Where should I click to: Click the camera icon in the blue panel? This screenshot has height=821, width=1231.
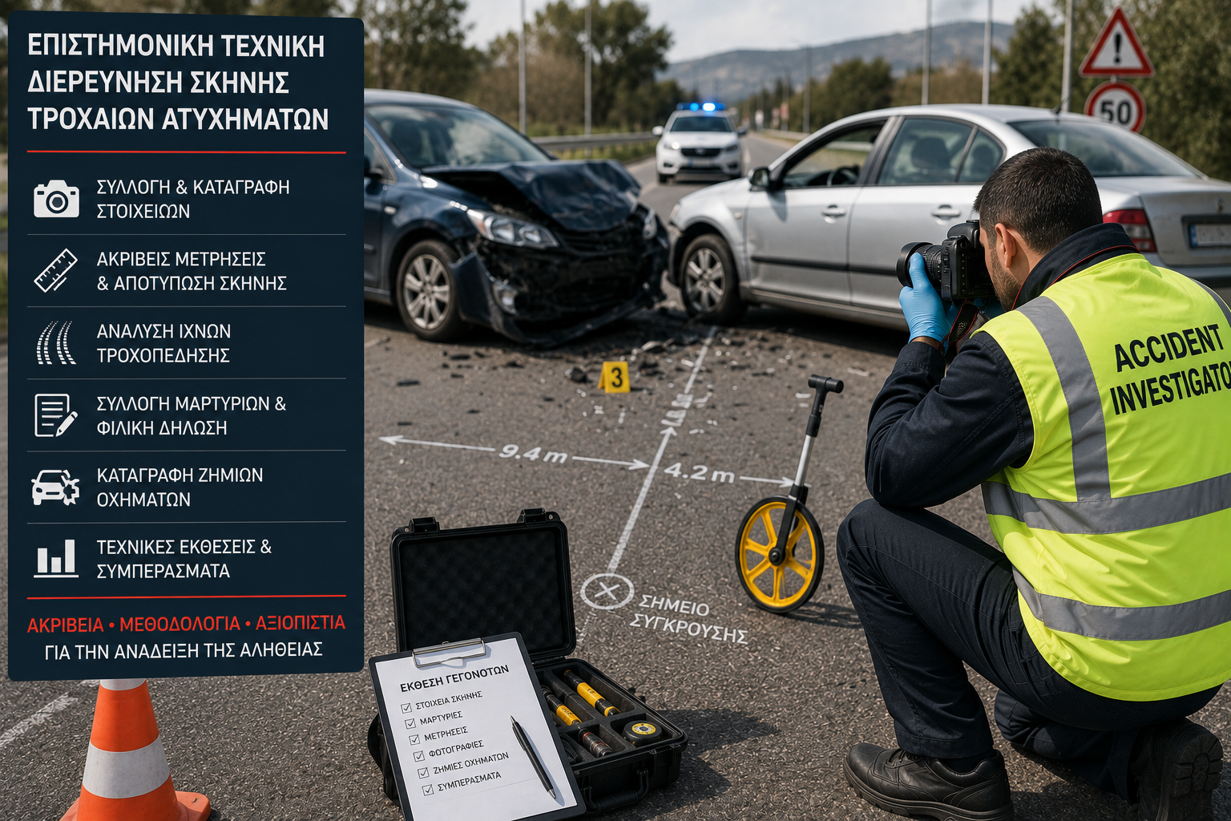[x=56, y=199]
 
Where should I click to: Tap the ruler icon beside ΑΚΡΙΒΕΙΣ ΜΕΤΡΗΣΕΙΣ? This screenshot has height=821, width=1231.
[x=55, y=270]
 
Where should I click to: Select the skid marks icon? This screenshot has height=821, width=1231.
[x=55, y=342]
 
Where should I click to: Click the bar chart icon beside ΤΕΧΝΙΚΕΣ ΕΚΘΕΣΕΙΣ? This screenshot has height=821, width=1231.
[x=55, y=558]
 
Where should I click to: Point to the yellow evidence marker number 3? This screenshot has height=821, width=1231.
[x=615, y=378]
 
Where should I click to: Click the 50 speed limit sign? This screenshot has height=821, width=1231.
[x=1115, y=108]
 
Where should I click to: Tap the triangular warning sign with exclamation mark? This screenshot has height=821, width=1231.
[x=1116, y=44]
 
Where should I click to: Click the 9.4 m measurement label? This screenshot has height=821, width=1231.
[x=532, y=454]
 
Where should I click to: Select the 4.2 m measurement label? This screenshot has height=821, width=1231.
[x=699, y=473]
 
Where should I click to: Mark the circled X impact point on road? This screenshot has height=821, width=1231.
[x=607, y=592]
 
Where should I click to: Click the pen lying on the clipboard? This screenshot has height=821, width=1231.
[x=532, y=757]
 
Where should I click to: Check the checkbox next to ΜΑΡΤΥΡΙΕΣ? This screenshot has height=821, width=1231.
[x=410, y=722]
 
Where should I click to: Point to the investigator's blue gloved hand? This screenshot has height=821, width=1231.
[x=926, y=299]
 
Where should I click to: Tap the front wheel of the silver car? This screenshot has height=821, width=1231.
[x=708, y=278]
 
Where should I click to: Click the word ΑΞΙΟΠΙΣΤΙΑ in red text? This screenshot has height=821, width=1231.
[x=300, y=623]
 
